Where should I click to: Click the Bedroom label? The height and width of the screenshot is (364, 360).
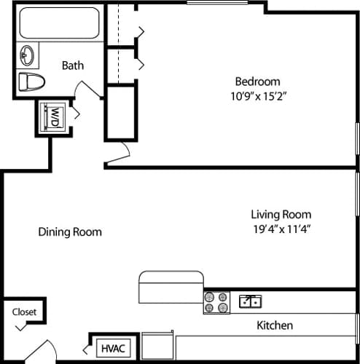257,81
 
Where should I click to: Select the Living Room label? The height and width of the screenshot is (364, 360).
281,214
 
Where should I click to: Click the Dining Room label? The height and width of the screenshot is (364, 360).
70,232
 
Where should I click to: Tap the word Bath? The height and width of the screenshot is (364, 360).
72,65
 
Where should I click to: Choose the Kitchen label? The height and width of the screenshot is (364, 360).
275,325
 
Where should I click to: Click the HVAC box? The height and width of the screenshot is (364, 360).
112,348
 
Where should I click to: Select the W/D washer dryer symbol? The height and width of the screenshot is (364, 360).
53,117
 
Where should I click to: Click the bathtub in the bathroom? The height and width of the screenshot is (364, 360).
60,23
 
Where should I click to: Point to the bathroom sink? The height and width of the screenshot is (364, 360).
28,55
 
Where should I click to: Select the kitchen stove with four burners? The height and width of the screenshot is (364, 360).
216,302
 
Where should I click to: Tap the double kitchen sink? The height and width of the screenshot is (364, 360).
250,301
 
